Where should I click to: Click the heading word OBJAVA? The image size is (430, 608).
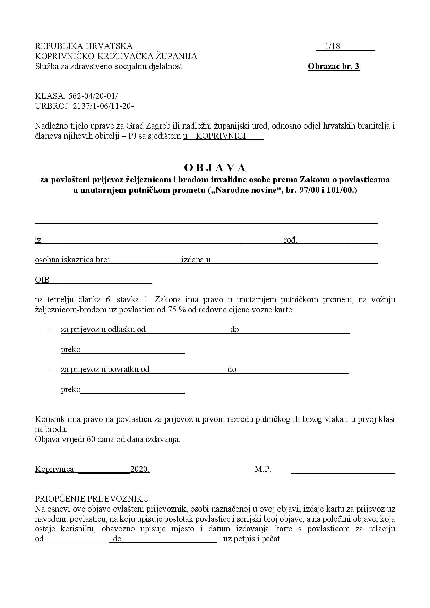click(x=215, y=168)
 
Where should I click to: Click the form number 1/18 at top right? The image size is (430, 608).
click(x=333, y=46)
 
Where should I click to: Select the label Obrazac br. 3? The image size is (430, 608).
click(x=333, y=66)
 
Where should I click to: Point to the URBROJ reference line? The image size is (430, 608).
click(x=84, y=106)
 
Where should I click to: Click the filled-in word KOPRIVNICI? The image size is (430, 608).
click(x=221, y=136)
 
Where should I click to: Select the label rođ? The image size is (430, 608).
click(x=290, y=240)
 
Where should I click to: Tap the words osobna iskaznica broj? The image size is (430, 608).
click(x=72, y=260)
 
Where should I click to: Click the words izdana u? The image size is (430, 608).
click(x=196, y=260)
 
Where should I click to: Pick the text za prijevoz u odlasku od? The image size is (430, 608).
click(x=103, y=329)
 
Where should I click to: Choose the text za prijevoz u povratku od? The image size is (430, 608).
click(x=105, y=369)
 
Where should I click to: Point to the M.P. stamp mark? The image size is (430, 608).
click(x=263, y=469)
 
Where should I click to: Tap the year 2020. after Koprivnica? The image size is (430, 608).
click(x=140, y=469)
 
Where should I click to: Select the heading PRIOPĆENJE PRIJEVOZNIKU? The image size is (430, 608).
click(x=92, y=499)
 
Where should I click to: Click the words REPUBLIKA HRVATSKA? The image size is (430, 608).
click(x=84, y=46)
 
